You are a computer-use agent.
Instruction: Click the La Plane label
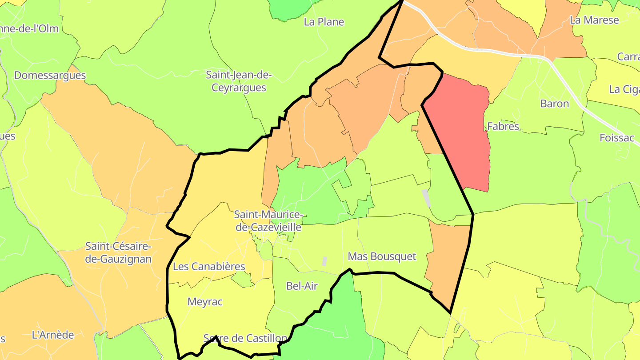[324, 22]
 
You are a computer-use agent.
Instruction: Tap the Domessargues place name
[50, 75]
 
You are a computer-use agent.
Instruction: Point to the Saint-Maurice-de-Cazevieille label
[268, 221]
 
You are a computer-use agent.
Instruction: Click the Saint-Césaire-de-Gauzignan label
[118, 252]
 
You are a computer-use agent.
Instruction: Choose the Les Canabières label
[209, 267]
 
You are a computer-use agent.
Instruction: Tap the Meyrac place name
[205, 302]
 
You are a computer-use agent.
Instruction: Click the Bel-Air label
[302, 286]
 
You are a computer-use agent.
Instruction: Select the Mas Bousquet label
[382, 256]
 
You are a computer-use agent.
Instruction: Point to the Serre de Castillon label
[245, 338]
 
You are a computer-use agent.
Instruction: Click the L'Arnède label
[53, 335]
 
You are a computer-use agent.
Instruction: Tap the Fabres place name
[503, 126]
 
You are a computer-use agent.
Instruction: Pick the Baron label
[554, 104]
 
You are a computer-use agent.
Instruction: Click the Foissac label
[616, 138]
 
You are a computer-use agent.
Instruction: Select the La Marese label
[594, 20]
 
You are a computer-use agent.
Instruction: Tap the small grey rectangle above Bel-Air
[324, 261]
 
